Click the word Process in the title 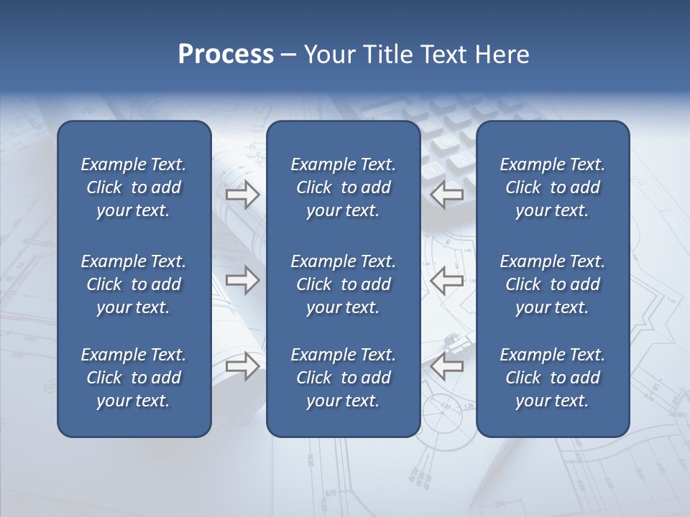[226, 55]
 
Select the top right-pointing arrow [242, 195]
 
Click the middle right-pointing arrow [242, 280]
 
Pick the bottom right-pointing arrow [242, 366]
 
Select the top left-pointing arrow [447, 195]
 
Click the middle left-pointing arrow [447, 280]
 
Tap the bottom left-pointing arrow [447, 366]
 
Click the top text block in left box [134, 187]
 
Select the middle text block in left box [134, 284]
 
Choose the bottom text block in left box [134, 378]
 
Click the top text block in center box [344, 187]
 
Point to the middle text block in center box [344, 284]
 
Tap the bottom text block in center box [344, 378]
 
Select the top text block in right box [553, 187]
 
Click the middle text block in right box [553, 284]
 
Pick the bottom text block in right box [553, 378]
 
